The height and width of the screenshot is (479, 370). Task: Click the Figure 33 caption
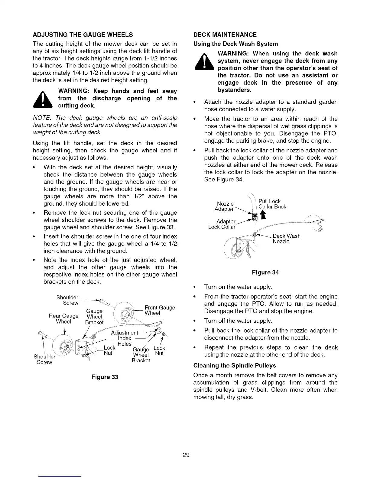(x=105, y=377)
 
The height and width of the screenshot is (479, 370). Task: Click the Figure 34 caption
(x=265, y=272)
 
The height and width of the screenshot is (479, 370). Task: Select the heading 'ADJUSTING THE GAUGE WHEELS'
(x=83, y=34)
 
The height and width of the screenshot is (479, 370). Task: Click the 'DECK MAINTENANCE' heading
(x=225, y=34)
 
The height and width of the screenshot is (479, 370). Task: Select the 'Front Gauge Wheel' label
(x=160, y=310)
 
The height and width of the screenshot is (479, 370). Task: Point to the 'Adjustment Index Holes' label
(x=124, y=338)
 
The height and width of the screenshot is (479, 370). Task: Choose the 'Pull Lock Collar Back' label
(x=272, y=204)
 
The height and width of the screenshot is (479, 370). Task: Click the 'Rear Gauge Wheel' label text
(x=63, y=319)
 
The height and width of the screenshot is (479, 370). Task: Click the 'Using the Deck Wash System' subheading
(x=235, y=44)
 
